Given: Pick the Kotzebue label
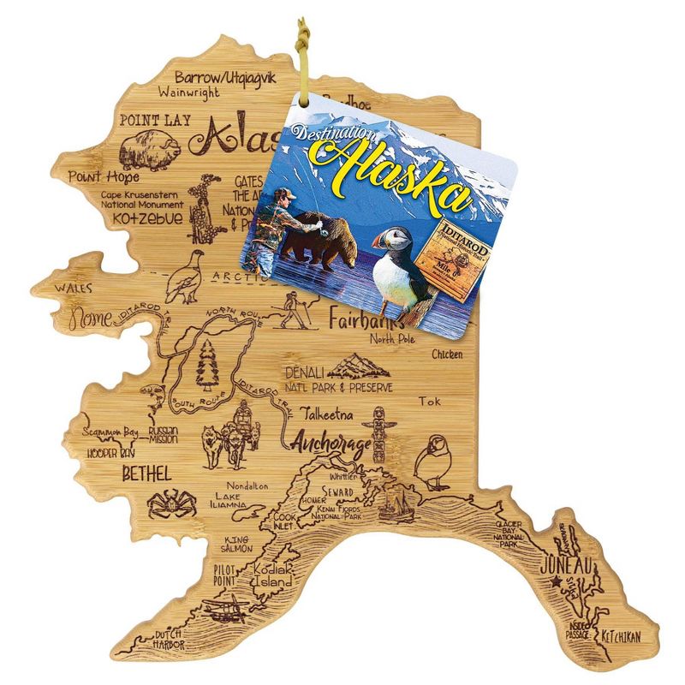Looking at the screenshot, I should (x=142, y=219).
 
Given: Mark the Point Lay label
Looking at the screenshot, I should (x=155, y=121).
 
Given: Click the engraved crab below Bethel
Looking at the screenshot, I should (x=171, y=504).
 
